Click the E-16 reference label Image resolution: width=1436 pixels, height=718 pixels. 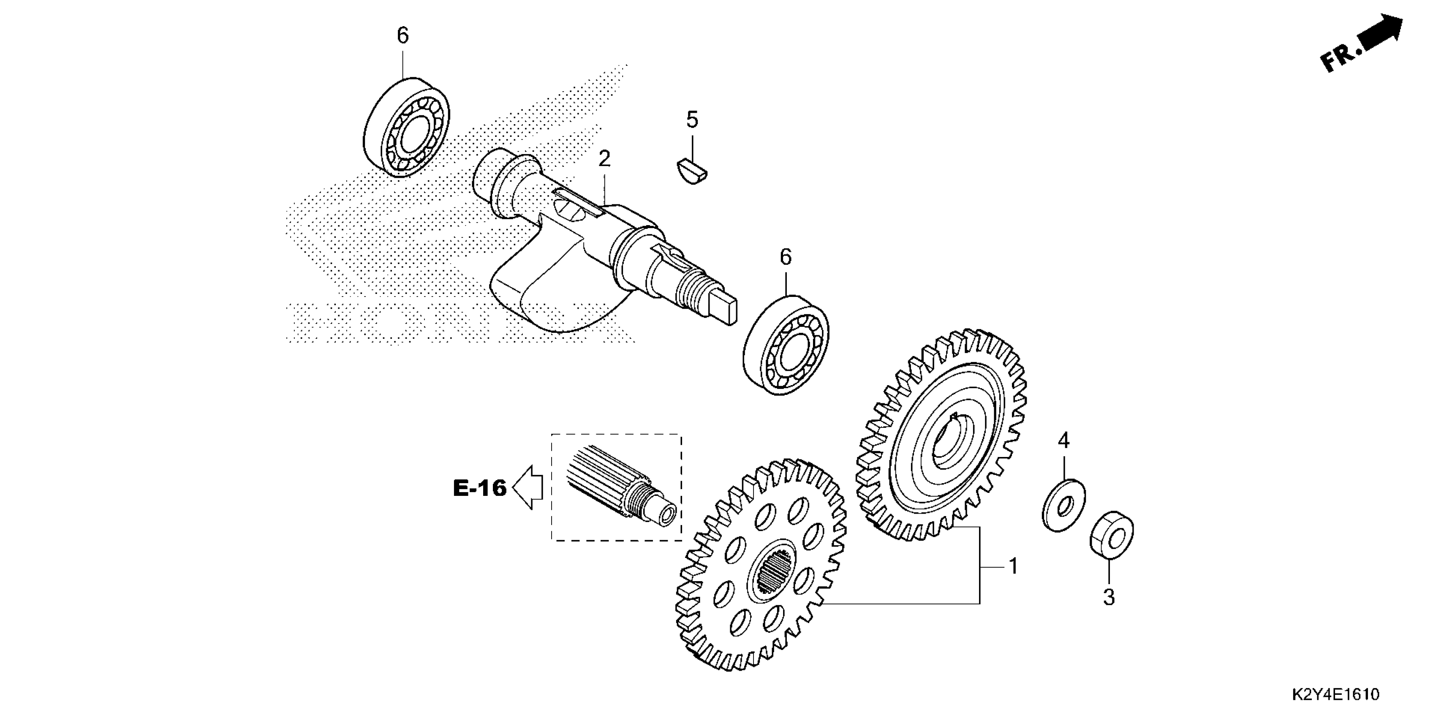pyautogui.click(x=479, y=488)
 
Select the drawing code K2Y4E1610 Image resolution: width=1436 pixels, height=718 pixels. pyautogui.click(x=1335, y=695)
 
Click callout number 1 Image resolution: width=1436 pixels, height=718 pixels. pyautogui.click(x=1014, y=566)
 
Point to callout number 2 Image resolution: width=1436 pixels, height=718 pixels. pyautogui.click(x=604, y=159)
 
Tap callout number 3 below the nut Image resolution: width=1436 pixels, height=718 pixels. pyautogui.click(x=1110, y=598)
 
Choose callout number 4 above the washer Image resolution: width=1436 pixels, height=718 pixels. pyautogui.click(x=1063, y=441)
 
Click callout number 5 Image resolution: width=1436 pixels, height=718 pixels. pyautogui.click(x=692, y=119)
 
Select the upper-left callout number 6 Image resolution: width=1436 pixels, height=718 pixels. pyautogui.click(x=403, y=35)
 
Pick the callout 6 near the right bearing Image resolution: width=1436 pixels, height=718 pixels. pyautogui.click(x=786, y=257)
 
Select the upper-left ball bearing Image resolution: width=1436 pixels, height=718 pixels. pyautogui.click(x=407, y=128)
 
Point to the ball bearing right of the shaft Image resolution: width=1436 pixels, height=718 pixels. pyautogui.click(x=786, y=345)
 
